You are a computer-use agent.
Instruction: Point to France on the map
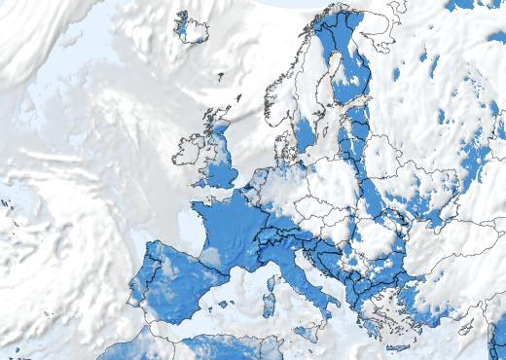[229, 224]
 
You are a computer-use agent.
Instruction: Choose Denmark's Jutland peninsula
[283, 146]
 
